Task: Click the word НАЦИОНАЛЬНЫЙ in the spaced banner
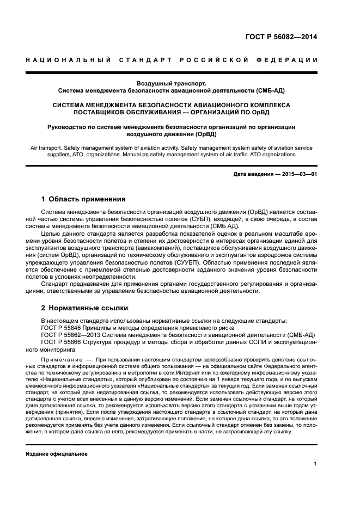point(68,59)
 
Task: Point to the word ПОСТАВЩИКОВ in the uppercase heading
point(105,112)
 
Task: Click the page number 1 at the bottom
point(315,464)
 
